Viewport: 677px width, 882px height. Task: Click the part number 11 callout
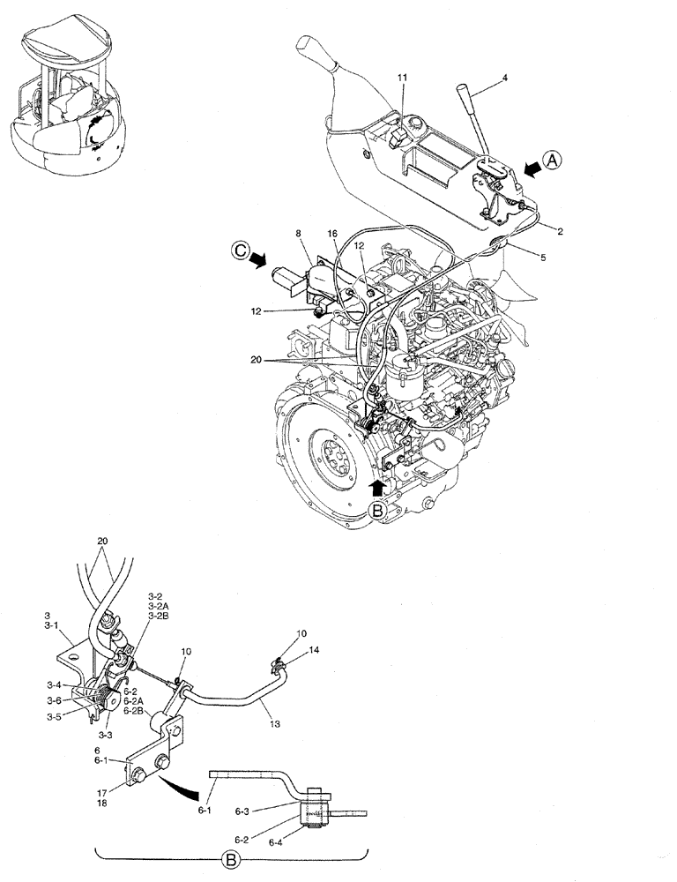pos(401,78)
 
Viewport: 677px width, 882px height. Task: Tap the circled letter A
pos(551,161)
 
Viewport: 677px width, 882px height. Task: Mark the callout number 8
pos(299,235)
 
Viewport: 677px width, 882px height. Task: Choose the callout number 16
pos(332,235)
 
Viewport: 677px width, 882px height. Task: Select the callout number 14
pos(315,648)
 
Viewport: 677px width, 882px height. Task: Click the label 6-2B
pos(135,711)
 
